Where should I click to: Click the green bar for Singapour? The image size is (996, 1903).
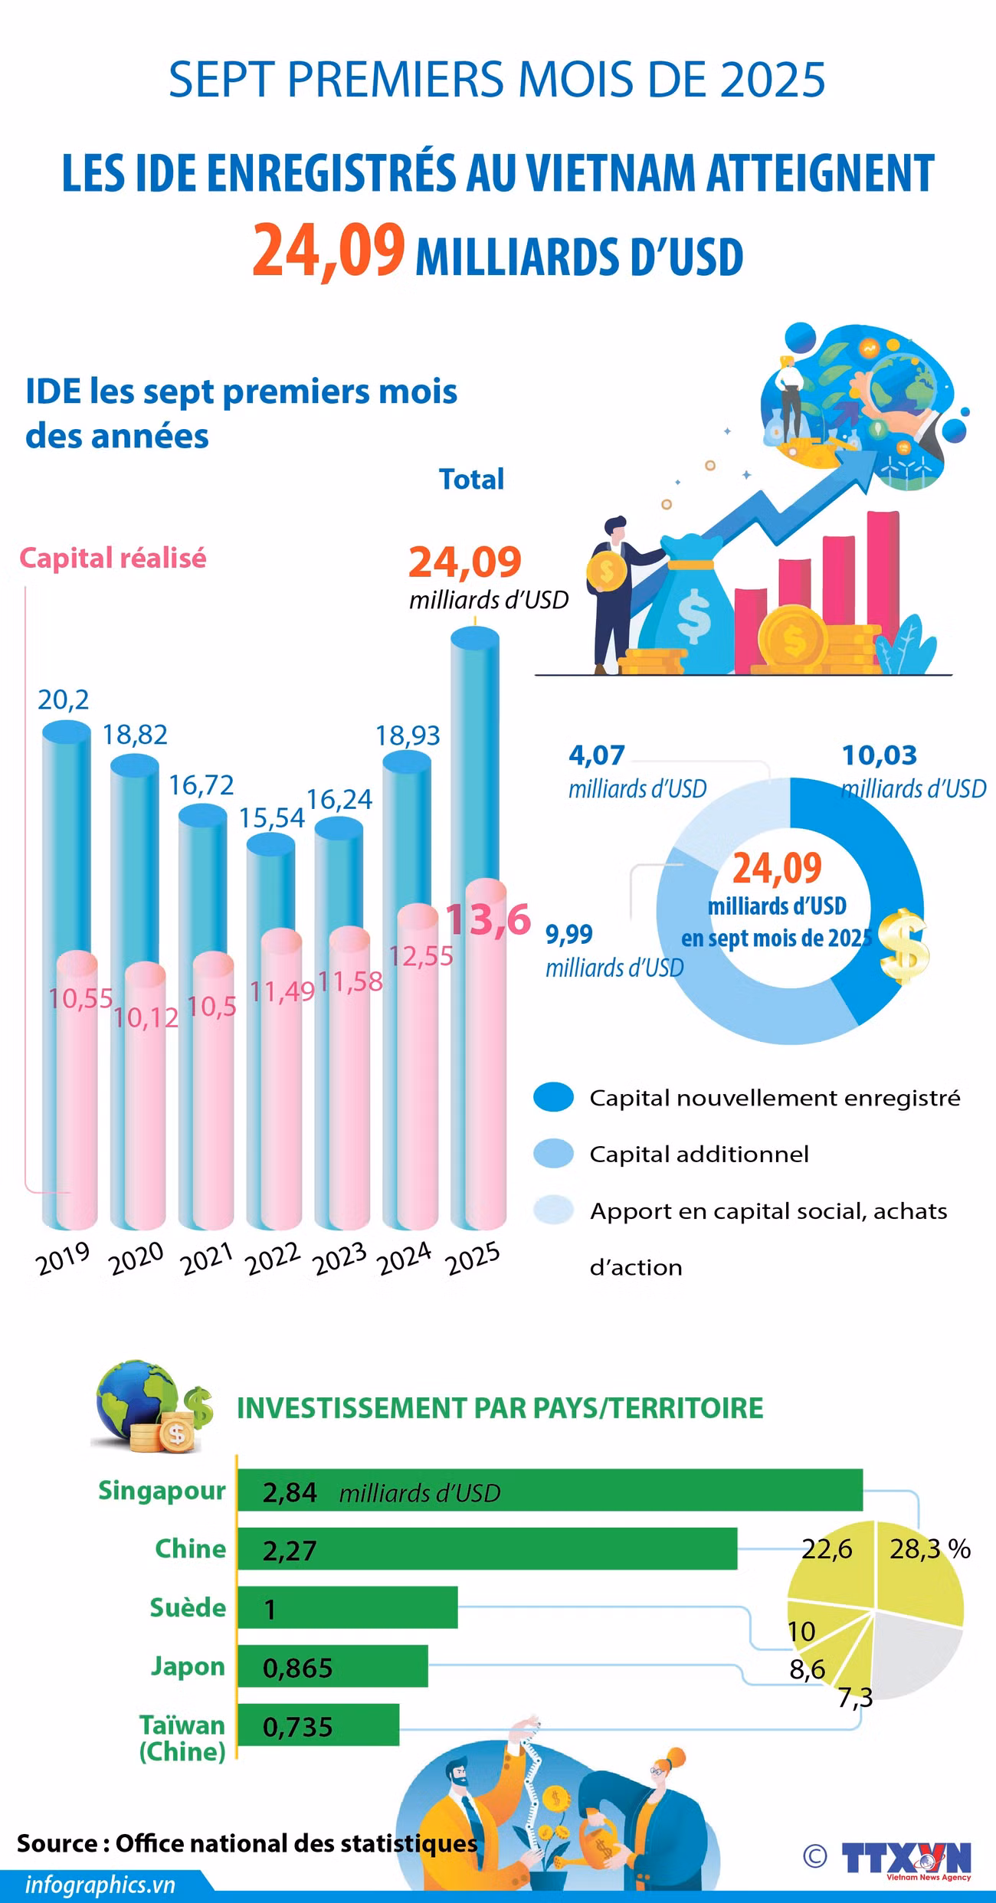pyautogui.click(x=550, y=1490)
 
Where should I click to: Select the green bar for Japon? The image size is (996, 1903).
pyautogui.click(x=333, y=1666)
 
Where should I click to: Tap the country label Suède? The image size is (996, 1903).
pyautogui.click(x=188, y=1607)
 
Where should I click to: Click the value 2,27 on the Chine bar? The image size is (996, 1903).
pyautogui.click(x=289, y=1549)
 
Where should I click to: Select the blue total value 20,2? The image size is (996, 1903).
pyautogui.click(x=64, y=699)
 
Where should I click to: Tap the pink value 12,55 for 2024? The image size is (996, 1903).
pyautogui.click(x=421, y=955)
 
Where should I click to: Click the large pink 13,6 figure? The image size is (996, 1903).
pyautogui.click(x=489, y=919)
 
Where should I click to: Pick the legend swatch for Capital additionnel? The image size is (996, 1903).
pyautogui.click(x=553, y=1153)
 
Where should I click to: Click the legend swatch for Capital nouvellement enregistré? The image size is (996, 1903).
pyautogui.click(x=553, y=1096)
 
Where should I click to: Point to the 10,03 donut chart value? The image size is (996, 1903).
pyautogui.click(x=880, y=755)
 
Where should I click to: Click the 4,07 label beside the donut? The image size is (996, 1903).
pyautogui.click(x=597, y=755)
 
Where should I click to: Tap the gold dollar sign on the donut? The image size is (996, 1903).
pyautogui.click(x=903, y=946)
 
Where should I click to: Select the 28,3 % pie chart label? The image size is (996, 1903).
pyautogui.click(x=930, y=1548)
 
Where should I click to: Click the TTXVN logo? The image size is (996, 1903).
pyautogui.click(x=906, y=1857)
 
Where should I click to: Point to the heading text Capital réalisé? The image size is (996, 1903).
pyautogui.click(x=113, y=558)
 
